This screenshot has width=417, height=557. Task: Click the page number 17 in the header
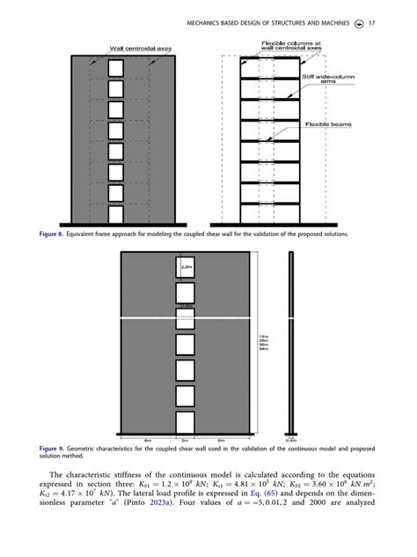tap(372, 22)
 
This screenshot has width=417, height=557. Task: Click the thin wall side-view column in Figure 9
tap(290, 344)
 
